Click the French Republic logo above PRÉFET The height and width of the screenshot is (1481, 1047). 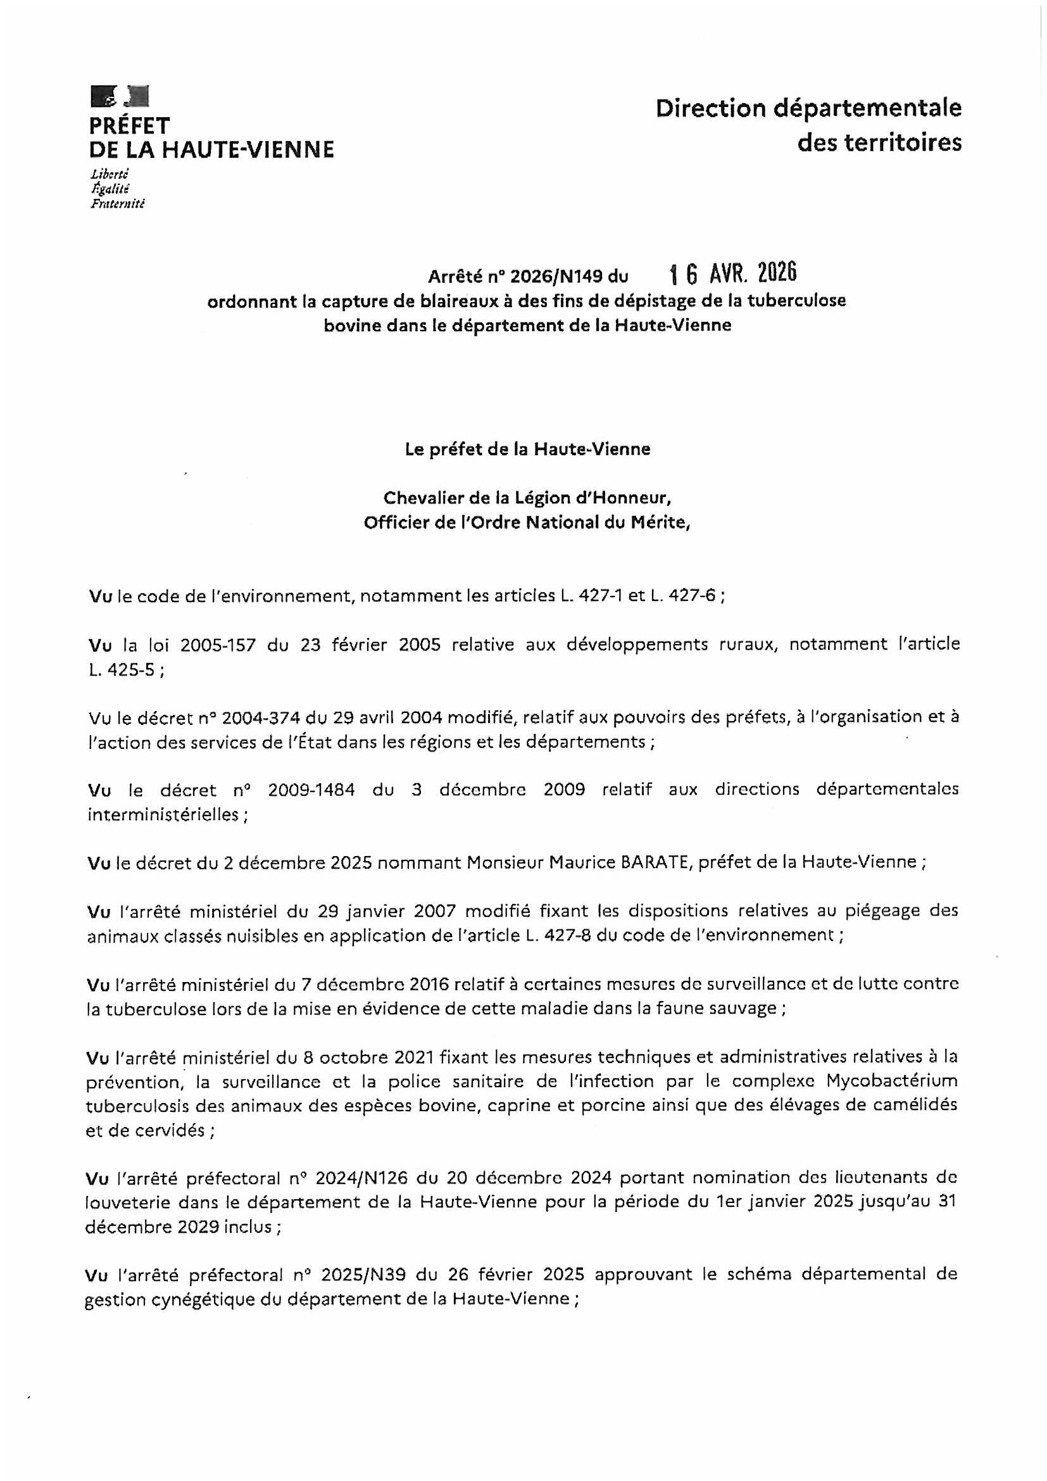(120, 96)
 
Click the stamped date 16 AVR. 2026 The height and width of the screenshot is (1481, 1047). (733, 274)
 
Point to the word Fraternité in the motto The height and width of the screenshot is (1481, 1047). (118, 205)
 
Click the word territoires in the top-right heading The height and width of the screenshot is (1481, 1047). (879, 142)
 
